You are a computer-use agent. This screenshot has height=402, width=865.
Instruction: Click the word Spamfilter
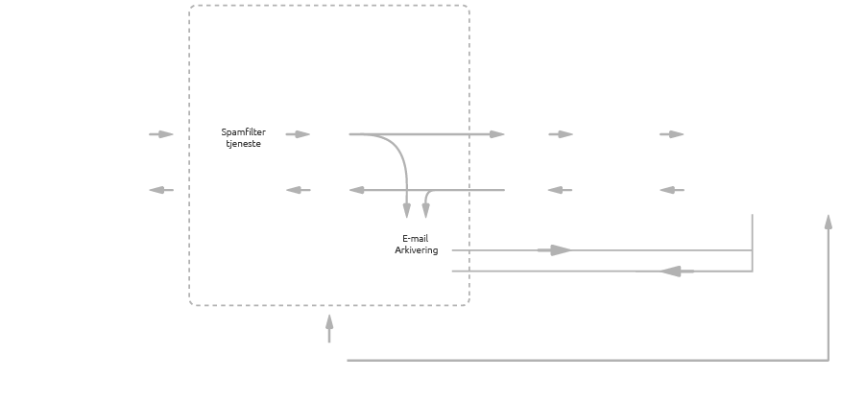coord(244,131)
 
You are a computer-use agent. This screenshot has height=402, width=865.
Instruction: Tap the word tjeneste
coord(244,143)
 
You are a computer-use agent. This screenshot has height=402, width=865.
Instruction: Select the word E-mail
coord(417,239)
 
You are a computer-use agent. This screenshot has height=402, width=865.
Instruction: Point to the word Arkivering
coord(417,250)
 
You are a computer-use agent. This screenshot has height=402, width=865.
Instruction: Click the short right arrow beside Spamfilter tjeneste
coord(299,134)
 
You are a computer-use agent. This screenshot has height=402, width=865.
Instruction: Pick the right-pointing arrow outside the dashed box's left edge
coord(161,134)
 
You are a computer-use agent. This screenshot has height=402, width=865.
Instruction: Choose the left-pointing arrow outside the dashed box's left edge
coord(161,190)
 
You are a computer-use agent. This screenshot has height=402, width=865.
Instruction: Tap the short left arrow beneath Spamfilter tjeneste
coord(299,190)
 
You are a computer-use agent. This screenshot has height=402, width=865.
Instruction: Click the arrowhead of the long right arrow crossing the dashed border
coord(496,134)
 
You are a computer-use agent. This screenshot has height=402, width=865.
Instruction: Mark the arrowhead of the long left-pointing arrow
coord(357,190)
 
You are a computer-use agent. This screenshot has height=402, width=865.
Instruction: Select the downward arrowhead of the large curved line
coord(407,210)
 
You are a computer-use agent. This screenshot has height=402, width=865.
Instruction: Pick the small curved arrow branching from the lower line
coord(426,204)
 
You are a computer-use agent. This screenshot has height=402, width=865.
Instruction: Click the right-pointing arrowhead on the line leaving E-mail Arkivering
coord(560,250)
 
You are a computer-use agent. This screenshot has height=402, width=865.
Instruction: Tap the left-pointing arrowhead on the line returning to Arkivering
coord(672,272)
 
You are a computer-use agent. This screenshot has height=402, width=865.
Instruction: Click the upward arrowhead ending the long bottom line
coord(828,222)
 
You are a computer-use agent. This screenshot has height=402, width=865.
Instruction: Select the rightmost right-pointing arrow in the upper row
coord(671,134)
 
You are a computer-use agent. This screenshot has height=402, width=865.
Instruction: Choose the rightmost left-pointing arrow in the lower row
coord(672,190)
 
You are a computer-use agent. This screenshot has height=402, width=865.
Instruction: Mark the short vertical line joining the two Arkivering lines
coord(752,242)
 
